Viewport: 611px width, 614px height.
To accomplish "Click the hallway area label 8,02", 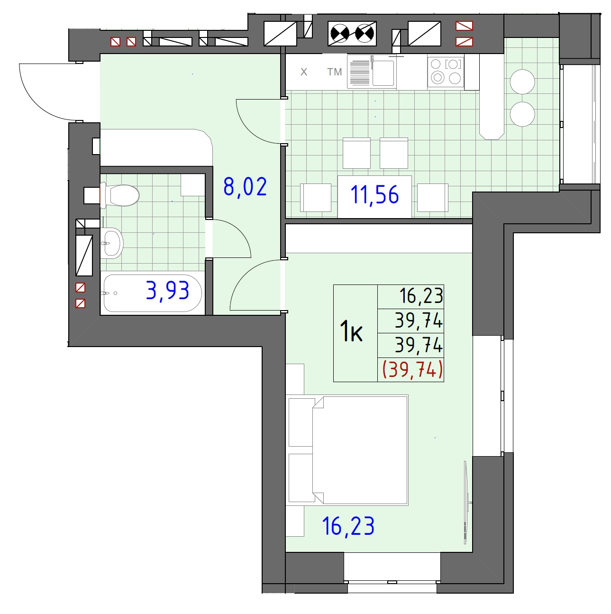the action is coord(245,187).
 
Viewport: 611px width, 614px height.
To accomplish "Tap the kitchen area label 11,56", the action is coord(374,195).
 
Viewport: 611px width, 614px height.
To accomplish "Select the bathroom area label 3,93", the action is coord(168,291).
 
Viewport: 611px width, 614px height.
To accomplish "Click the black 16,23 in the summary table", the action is coord(421,296).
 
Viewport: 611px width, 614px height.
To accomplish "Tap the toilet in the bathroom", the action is coord(119,195).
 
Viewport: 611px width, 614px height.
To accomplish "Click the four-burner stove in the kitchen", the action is coord(446,72).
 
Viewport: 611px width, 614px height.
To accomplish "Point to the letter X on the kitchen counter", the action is coord(304,72).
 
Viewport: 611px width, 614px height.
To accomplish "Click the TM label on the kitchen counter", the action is coord(335,72).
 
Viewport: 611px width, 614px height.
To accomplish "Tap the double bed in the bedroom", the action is coord(348,450).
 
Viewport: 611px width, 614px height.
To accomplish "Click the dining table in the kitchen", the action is coord(374,197).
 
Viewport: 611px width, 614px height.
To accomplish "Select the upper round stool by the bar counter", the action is coord(522,82).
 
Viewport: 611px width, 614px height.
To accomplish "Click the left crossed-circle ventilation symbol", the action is coord(340,34).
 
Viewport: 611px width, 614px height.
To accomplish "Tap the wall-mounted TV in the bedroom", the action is coord(466,503).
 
